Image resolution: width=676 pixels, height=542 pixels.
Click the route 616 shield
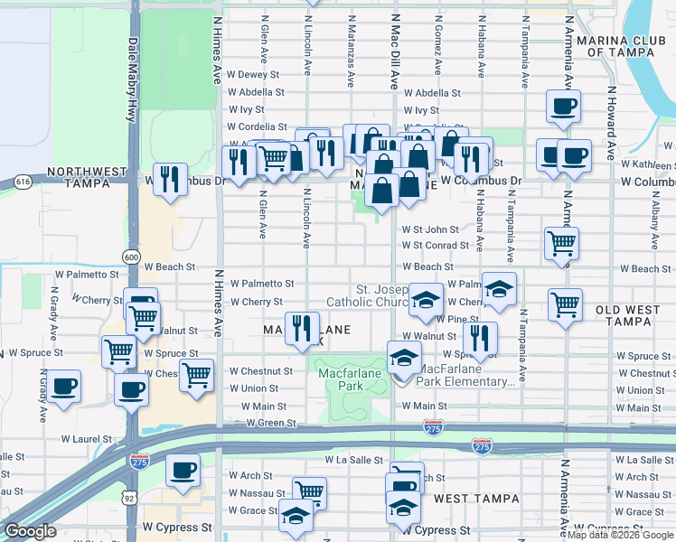coord(23,182)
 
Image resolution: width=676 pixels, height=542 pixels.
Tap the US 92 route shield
coord(132,496)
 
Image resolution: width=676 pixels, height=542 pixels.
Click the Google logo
coord(31,531)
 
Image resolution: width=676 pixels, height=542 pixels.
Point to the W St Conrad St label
coord(436,245)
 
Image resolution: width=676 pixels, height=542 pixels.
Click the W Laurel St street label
coord(86,439)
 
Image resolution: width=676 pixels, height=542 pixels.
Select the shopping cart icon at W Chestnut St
coord(196,373)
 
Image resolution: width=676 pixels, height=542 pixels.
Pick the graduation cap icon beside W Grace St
coord(295,514)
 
